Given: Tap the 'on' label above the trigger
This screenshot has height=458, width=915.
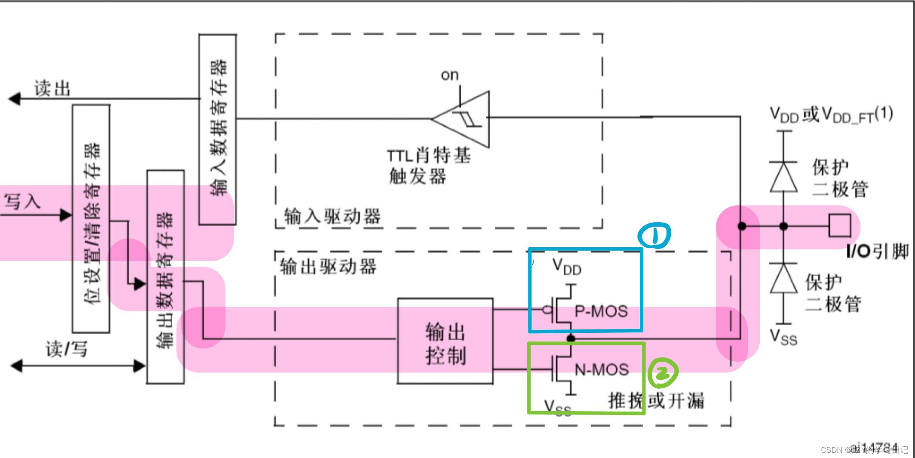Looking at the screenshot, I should [x=450, y=75].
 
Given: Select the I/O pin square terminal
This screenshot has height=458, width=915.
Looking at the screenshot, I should [x=839, y=225].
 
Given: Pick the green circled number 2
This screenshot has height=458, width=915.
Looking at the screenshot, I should [x=663, y=373].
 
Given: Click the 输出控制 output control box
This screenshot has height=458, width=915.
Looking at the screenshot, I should [x=445, y=341].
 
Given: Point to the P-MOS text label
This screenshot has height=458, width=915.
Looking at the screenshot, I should [x=601, y=311].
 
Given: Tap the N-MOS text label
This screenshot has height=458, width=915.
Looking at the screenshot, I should [x=602, y=369].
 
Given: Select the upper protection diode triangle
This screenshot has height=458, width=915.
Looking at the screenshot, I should [x=783, y=176].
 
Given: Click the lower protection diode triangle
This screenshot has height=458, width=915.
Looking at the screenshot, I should [x=783, y=278].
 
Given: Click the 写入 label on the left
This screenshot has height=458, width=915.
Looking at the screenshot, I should [x=22, y=201].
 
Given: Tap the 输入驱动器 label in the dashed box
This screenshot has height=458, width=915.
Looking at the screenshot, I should [x=332, y=216].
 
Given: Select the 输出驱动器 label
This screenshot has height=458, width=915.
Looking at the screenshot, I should [x=328, y=267].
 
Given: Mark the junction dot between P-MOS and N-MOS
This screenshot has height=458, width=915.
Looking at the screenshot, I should [x=571, y=338].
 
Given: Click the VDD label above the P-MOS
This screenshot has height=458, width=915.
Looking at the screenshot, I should [x=567, y=267].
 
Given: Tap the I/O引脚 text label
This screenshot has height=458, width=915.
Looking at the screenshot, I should [x=877, y=251].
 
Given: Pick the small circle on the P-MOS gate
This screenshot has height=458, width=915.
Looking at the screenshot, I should [x=547, y=309].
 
